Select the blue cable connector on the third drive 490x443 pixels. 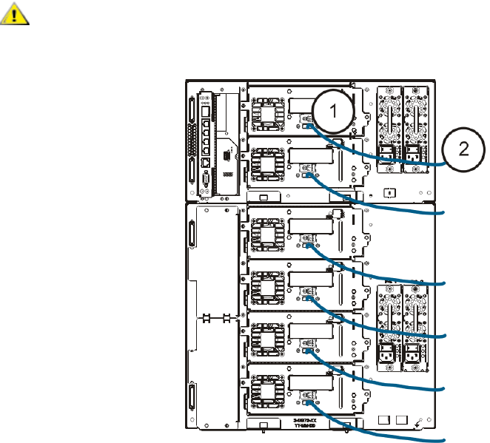click(x=306, y=245)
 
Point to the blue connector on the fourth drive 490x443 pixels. click(x=306, y=299)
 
